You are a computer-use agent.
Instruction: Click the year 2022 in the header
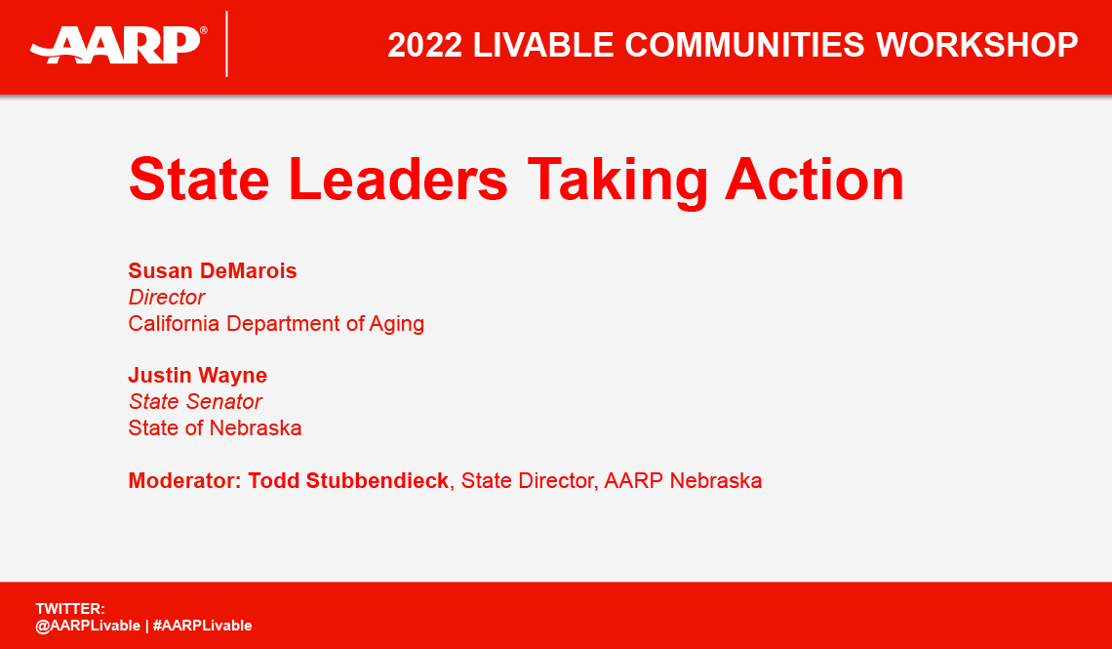426,45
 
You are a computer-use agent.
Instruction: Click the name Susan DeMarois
213,271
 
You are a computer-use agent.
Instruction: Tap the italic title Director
167,298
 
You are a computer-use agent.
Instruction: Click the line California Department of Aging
276,324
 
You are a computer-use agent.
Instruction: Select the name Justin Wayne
198,376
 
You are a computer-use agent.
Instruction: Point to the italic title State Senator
195,402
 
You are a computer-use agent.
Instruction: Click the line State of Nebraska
215,427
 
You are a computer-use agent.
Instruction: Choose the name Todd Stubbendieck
348,480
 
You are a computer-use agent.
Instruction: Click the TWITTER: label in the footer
70,609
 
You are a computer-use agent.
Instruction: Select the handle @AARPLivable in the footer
88,626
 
